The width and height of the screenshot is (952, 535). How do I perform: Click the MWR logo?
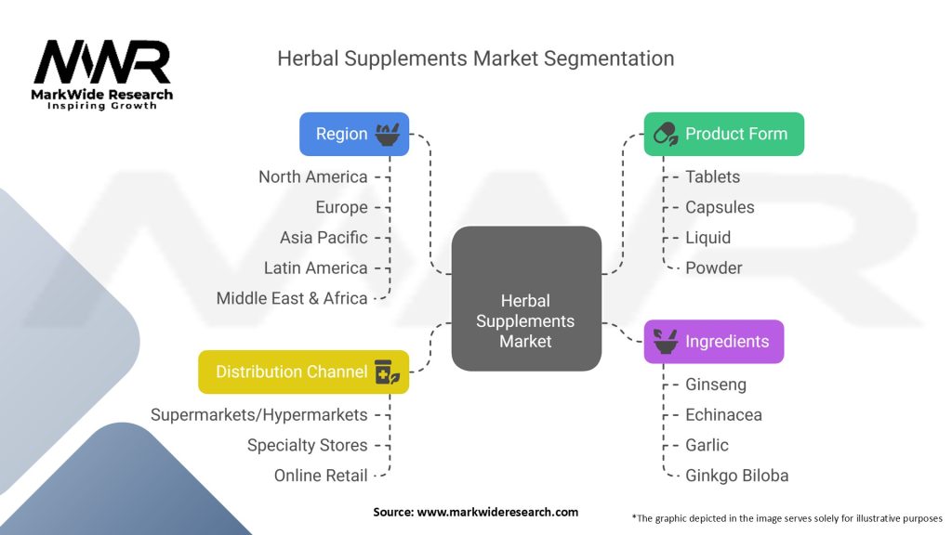102,74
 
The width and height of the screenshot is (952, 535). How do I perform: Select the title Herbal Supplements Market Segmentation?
475,59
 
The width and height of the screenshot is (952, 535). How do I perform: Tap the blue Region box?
354,134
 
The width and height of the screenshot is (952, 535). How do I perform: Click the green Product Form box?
723,134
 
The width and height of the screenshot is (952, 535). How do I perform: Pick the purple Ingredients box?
713,342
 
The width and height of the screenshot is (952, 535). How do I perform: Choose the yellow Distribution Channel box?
304,372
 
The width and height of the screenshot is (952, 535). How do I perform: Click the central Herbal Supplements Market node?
526,298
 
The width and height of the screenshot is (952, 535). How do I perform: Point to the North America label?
312,177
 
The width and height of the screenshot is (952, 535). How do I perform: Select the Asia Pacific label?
324,238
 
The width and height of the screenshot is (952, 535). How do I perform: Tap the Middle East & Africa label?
292,298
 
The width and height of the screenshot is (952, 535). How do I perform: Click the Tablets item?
713,177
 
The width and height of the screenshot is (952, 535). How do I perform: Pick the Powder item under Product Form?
714,268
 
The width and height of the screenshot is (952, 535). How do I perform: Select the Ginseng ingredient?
716,385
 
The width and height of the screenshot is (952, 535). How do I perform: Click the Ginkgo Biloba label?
737,476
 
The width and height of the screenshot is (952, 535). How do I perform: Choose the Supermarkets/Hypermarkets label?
259,415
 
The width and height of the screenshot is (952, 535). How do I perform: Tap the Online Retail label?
321,476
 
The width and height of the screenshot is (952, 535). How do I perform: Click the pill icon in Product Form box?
666,134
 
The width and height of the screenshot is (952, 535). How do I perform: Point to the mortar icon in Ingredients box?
666,342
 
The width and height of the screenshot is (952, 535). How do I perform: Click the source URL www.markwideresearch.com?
497,512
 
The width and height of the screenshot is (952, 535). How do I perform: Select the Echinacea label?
723,415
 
